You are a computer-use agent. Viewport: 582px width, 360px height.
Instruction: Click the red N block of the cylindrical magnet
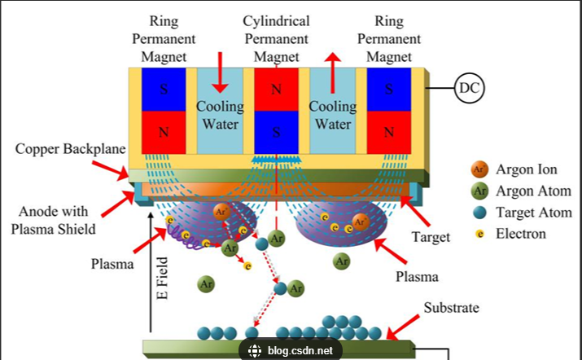click(x=278, y=89)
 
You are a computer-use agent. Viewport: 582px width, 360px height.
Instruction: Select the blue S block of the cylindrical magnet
click(x=278, y=130)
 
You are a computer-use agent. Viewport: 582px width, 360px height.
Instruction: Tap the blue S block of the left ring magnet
click(x=164, y=89)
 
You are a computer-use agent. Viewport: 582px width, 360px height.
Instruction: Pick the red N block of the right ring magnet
click(x=389, y=131)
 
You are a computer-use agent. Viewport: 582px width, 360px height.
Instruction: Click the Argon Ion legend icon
click(x=479, y=169)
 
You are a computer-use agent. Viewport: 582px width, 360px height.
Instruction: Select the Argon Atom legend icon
click(x=479, y=191)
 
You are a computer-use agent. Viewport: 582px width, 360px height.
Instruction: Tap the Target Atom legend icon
click(x=479, y=213)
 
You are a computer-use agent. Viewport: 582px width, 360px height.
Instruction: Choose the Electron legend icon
click(x=479, y=234)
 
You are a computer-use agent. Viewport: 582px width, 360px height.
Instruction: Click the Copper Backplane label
click(x=70, y=149)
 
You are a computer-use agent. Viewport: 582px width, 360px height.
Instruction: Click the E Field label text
click(x=163, y=277)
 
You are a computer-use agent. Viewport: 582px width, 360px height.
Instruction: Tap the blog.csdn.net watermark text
click(x=300, y=351)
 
